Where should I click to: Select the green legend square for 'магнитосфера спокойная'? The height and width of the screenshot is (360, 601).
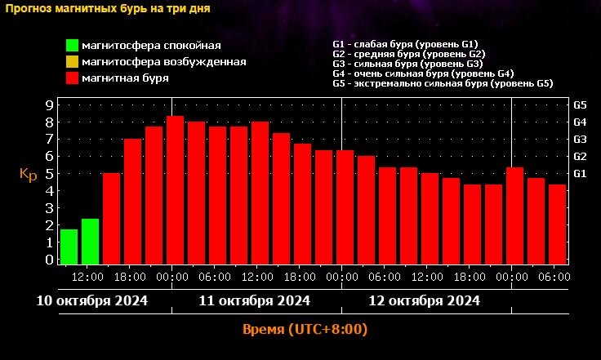coord(72,45)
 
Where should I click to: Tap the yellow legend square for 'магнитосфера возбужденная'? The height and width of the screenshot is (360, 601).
coord(72,61)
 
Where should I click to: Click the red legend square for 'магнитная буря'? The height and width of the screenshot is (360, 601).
coord(72,78)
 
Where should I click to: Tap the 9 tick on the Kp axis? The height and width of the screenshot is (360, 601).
coord(49,105)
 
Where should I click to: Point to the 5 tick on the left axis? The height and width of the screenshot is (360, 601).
coord(49,174)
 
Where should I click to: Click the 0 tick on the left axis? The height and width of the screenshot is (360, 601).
coord(49,260)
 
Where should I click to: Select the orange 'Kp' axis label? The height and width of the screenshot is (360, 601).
coord(29,174)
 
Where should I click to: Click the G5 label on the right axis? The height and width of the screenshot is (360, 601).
coord(581,105)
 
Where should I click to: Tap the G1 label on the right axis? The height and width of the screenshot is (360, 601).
coord(581,174)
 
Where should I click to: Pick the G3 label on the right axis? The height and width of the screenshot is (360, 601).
coord(581,140)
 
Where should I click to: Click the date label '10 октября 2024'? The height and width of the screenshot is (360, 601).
coord(92,300)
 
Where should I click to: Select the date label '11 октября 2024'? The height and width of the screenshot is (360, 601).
coord(254,300)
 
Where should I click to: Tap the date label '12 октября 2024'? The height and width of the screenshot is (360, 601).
coord(424,300)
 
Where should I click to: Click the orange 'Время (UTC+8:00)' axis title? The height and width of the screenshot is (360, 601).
coord(305,330)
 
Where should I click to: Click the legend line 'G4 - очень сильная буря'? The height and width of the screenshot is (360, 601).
coord(423,73)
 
